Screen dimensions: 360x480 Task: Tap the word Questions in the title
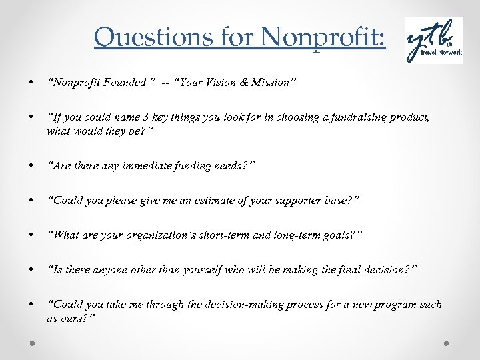[137, 38]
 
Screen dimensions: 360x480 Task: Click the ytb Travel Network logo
[434, 41]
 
